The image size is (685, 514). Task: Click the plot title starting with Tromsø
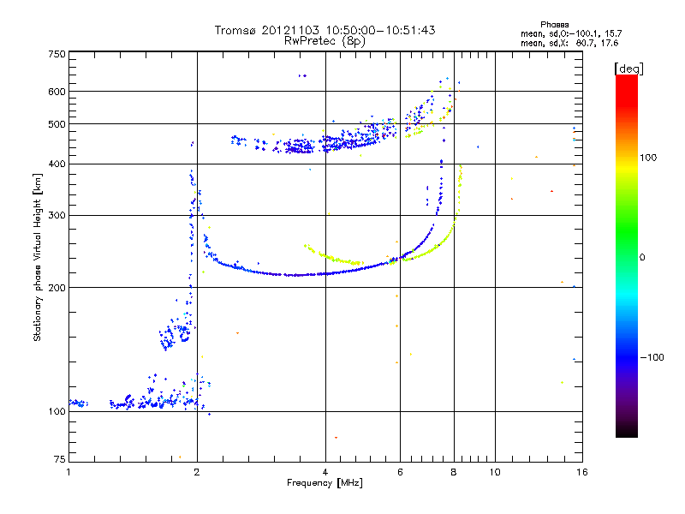(x=325, y=30)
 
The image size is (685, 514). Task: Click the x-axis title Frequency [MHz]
(x=325, y=483)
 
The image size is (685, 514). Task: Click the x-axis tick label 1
(x=68, y=472)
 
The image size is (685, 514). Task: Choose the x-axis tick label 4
(x=325, y=472)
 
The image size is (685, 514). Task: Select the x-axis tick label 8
(x=454, y=472)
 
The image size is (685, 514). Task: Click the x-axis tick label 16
(x=581, y=472)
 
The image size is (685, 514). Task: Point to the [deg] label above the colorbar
(x=628, y=68)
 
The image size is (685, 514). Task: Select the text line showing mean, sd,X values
(x=557, y=42)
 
